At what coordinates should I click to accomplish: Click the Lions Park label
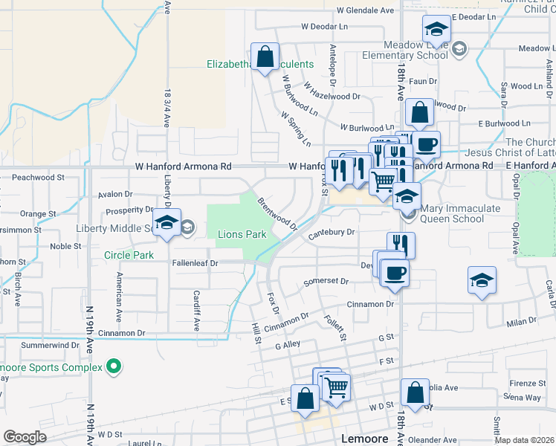(242, 234)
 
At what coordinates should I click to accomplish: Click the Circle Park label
(129, 255)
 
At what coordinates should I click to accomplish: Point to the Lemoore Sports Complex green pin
(114, 366)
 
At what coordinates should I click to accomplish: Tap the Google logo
(24, 437)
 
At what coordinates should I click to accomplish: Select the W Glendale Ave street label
(365, 10)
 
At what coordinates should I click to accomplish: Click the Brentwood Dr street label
(277, 213)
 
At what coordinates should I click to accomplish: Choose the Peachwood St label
(39, 178)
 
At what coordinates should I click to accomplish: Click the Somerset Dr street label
(326, 282)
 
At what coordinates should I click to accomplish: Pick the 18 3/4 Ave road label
(167, 105)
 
